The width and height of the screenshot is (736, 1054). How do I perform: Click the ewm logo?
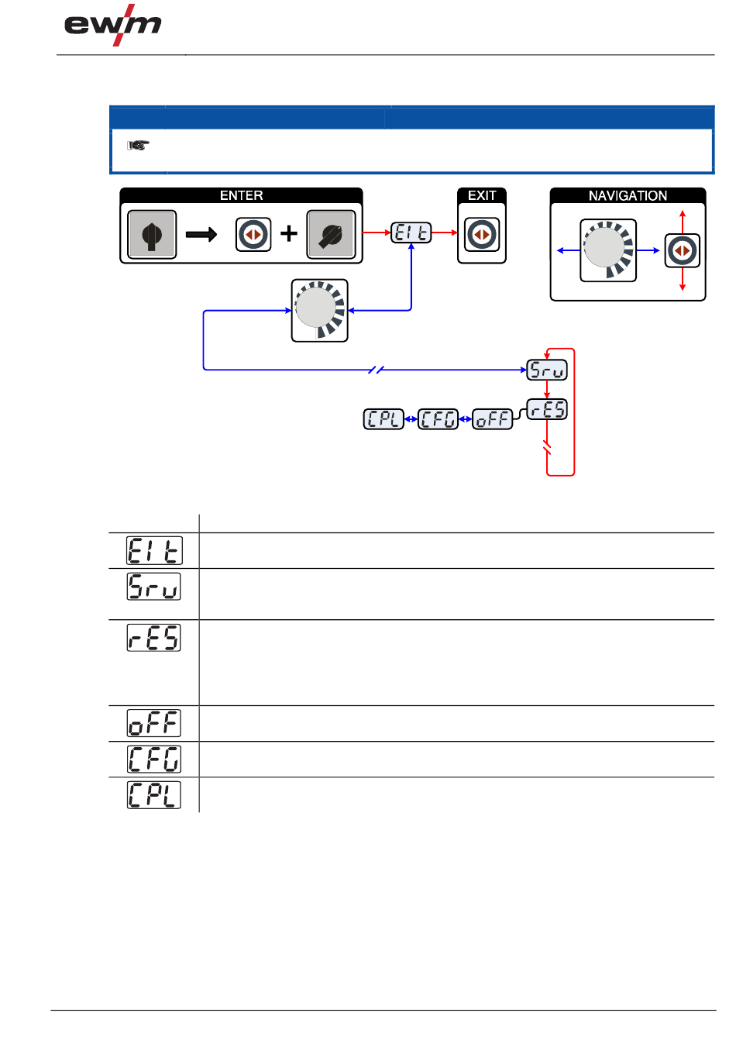(113, 26)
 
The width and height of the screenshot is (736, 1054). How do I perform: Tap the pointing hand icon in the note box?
(138, 145)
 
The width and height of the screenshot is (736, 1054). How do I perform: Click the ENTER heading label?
(241, 195)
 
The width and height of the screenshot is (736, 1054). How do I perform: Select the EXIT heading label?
(481, 195)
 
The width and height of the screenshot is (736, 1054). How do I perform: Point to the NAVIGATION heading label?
(628, 195)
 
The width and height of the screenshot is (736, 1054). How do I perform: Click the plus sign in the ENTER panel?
(289, 233)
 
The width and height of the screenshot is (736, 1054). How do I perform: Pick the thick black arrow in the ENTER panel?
(201, 234)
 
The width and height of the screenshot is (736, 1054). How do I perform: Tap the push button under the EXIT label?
(482, 234)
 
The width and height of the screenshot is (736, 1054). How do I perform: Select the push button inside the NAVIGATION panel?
(682, 251)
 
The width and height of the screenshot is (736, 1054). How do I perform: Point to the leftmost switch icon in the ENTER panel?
(152, 234)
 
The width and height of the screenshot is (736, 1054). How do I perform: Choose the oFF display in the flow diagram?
(493, 419)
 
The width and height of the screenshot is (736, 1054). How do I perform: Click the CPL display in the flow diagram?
(383, 419)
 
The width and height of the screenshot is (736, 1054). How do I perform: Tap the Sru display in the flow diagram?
(547, 370)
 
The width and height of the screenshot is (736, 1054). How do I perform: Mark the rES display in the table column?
(153, 637)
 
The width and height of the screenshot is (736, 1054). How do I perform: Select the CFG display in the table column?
(153, 759)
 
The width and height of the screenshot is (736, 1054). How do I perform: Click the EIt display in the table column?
(153, 550)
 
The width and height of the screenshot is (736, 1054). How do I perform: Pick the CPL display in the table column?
(153, 795)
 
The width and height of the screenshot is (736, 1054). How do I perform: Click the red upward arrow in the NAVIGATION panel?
(682, 218)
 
